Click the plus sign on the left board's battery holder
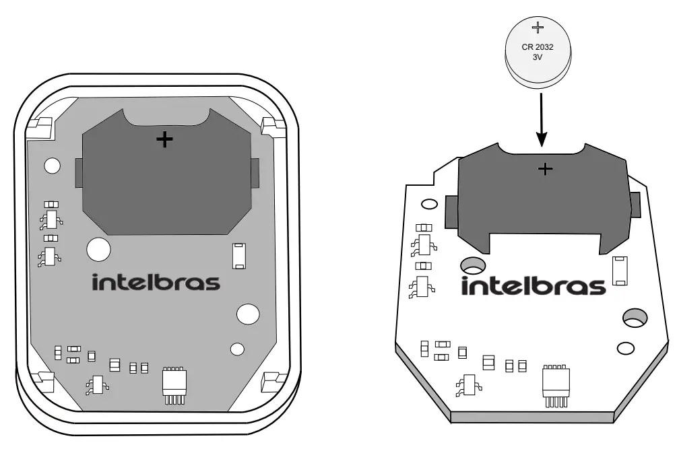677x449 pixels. [x=164, y=140]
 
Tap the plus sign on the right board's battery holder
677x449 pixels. [x=546, y=169]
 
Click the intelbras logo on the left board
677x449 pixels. [x=156, y=283]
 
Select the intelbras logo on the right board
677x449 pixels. [x=534, y=287]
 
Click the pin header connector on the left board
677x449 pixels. [x=174, y=386]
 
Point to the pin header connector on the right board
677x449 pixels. [x=557, y=386]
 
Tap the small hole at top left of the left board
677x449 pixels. [x=52, y=165]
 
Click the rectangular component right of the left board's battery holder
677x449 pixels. [x=238, y=256]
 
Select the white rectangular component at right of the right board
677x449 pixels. [x=620, y=270]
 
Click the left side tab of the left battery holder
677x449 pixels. [x=78, y=174]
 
